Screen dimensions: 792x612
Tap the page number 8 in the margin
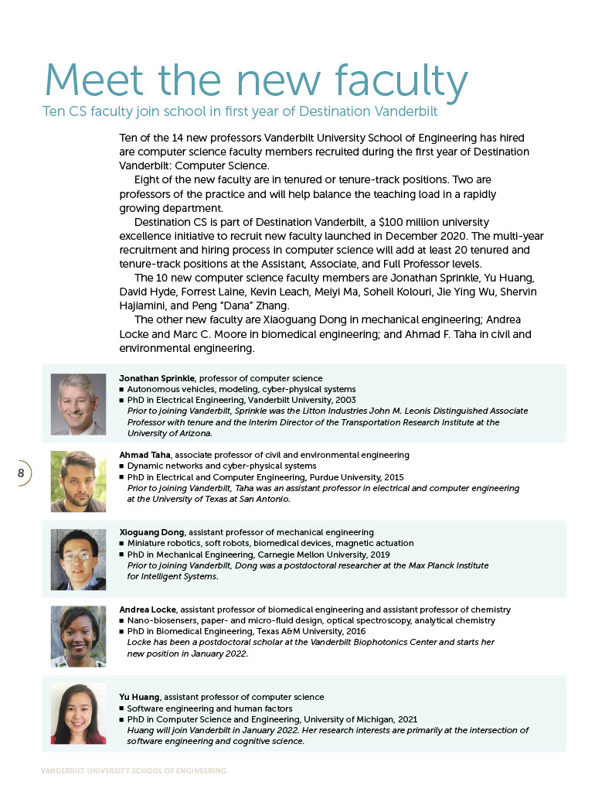(21, 473)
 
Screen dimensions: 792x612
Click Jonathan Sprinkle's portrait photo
(78, 404)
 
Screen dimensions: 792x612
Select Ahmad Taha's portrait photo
(78, 481)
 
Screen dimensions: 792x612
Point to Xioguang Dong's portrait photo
(78, 558)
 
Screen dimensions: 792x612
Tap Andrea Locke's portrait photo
(78, 636)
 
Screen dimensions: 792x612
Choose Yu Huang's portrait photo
(78, 713)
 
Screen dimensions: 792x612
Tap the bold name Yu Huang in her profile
(140, 697)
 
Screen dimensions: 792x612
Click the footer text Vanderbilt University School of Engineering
(134, 771)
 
